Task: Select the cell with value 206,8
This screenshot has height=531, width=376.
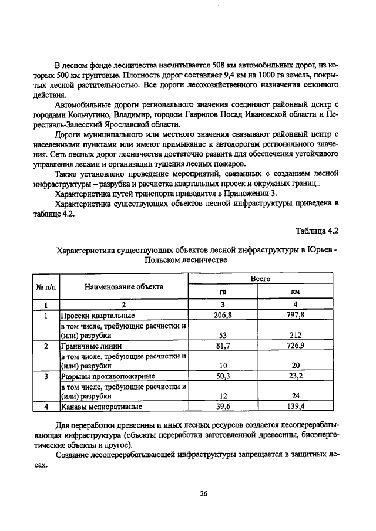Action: [x=223, y=315]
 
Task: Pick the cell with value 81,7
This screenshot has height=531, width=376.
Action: [x=223, y=346]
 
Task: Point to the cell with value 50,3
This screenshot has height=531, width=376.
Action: [x=223, y=376]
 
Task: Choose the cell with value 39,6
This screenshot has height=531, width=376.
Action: [x=223, y=406]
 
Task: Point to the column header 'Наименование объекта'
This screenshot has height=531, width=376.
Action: [x=123, y=286]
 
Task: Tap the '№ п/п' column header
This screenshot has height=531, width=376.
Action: [x=46, y=286]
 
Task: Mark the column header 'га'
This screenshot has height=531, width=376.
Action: [x=223, y=293]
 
